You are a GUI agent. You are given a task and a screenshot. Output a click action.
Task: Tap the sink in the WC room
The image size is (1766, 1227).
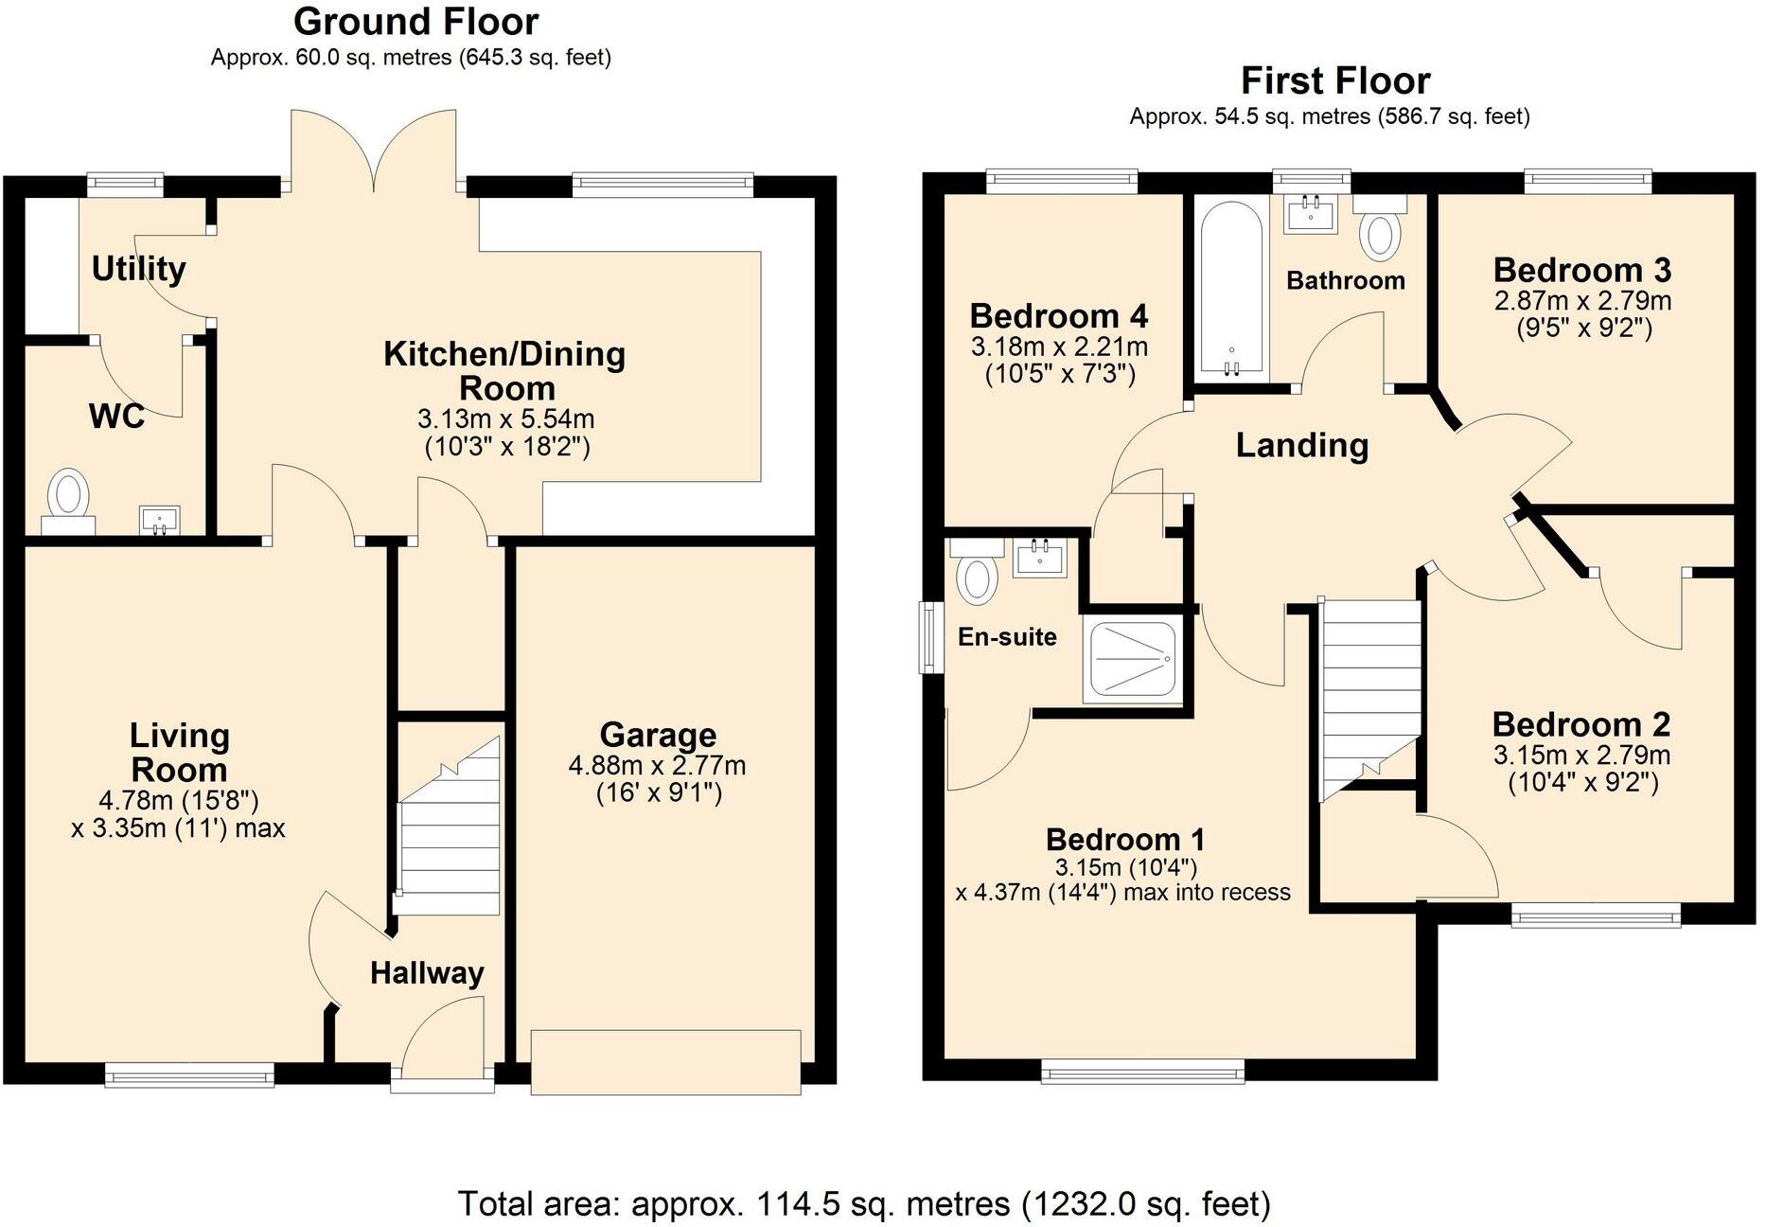click(x=159, y=520)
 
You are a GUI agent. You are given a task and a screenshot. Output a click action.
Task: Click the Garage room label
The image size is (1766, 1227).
click(x=658, y=735)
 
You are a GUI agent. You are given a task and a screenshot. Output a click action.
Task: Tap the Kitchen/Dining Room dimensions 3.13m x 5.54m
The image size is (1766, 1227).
click(x=506, y=418)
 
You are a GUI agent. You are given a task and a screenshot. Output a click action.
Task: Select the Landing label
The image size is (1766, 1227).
click(x=1301, y=445)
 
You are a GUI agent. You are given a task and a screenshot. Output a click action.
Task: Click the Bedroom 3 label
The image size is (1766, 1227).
click(x=1581, y=271)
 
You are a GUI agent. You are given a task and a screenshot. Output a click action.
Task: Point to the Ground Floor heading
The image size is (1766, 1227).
click(x=415, y=21)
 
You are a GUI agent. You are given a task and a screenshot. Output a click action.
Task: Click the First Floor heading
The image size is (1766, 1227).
click(x=1334, y=80)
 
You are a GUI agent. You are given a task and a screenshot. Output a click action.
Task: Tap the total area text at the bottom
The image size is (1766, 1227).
click(x=863, y=1203)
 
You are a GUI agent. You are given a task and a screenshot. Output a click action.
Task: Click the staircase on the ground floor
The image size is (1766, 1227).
click(x=450, y=833)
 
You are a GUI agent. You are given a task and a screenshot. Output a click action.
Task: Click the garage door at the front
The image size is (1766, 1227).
click(x=665, y=1061)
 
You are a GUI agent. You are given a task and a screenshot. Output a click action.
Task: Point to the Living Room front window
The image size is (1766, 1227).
click(x=189, y=1074)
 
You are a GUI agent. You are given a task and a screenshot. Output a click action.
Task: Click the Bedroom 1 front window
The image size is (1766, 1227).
click(x=1142, y=1072)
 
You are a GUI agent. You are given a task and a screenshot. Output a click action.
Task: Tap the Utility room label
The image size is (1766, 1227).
click(x=138, y=269)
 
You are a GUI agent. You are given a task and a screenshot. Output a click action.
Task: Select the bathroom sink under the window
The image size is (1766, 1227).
click(x=1311, y=212)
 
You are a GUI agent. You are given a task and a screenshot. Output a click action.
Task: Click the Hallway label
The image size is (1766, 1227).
click(x=427, y=972)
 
